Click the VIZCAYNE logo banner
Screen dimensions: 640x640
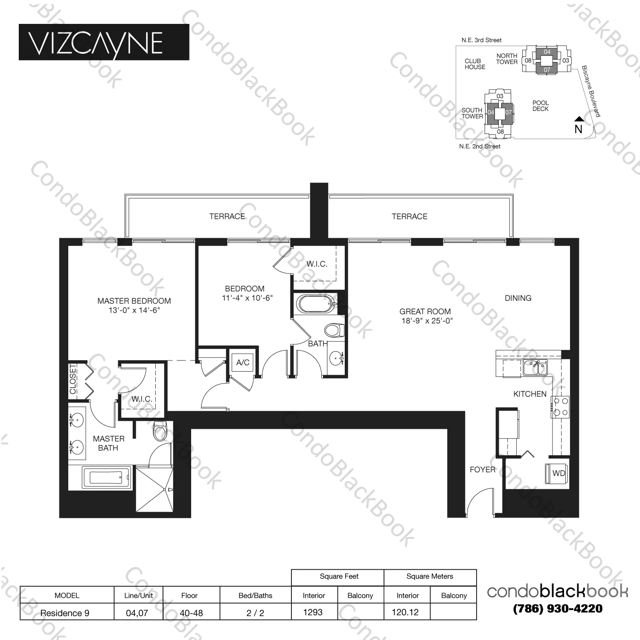104,42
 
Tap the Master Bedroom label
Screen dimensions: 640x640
134,301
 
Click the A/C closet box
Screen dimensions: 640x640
242,363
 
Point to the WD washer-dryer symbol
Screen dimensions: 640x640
557,473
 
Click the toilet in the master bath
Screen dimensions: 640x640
160,431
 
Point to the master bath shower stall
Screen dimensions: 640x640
154,489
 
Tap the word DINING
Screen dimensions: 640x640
518,298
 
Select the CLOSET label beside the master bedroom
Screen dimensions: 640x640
73,379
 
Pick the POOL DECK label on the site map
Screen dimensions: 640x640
540,106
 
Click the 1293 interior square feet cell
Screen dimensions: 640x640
313,612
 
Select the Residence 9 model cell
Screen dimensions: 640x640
65,613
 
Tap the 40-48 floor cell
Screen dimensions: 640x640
191,613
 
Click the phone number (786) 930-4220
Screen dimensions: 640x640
558,608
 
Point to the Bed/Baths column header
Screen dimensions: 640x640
255,595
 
